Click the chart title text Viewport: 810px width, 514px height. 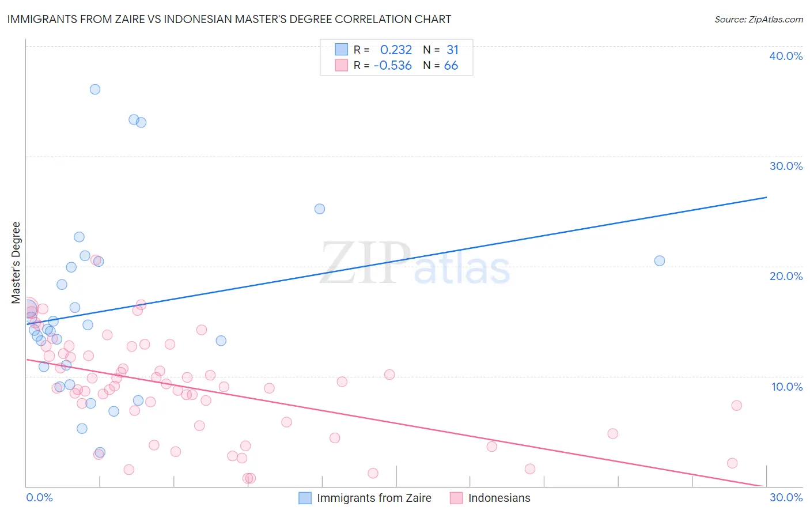tap(229, 19)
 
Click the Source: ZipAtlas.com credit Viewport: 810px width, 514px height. tap(758, 20)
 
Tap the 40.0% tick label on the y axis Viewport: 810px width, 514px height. tap(786, 56)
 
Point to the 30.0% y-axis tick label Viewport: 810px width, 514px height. tap(786, 166)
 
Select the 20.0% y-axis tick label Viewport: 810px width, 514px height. tap(786, 276)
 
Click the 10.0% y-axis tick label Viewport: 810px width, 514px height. tap(786, 387)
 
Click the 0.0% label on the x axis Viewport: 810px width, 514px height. tap(39, 497)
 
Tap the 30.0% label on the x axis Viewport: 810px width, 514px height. tap(786, 497)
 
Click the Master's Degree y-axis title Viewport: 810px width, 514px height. tap(16, 263)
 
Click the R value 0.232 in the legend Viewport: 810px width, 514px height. tap(396, 50)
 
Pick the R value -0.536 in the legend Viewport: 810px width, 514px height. tap(393, 66)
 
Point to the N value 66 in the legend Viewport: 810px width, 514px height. tap(451, 66)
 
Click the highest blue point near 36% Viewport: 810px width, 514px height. tap(95, 89)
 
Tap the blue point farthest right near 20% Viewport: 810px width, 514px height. tap(660, 260)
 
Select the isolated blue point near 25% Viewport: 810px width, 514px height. tap(320, 209)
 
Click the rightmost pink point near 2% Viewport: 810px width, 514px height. tap(732, 463)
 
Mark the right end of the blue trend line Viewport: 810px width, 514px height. tap(766, 197)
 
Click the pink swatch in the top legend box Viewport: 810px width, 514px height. tap(342, 65)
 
